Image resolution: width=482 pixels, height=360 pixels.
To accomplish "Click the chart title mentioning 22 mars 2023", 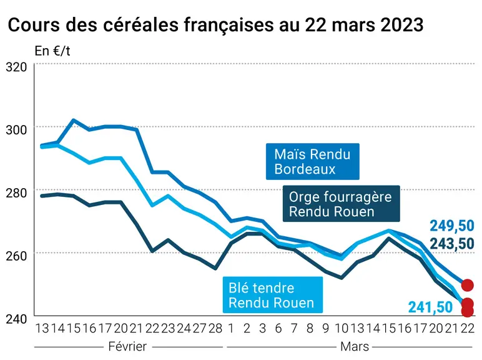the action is tap(215, 24).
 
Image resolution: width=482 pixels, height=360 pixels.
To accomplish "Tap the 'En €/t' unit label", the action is tap(52, 51).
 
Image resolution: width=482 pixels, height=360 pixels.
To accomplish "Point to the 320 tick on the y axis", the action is tap(16, 67).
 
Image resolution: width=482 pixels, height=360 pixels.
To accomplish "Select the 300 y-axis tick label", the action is tap(16, 129).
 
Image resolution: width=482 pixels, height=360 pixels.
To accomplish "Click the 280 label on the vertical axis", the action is tap(16, 192).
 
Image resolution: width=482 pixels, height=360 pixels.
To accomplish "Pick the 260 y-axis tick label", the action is tap(16, 256).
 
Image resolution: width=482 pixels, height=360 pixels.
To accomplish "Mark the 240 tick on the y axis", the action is tap(16, 319).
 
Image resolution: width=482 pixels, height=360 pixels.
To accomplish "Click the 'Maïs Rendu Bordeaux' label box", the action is tap(313, 161).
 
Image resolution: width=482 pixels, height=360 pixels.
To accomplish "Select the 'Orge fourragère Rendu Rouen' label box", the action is tap(342, 204).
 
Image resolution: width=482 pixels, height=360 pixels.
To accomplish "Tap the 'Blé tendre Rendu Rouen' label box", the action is tap(273, 295).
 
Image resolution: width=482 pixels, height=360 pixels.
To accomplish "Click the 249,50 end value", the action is tap(452, 226).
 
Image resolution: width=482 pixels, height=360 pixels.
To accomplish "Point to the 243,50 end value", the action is tap(452, 244).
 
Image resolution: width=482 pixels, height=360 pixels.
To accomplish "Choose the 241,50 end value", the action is tap(430, 307).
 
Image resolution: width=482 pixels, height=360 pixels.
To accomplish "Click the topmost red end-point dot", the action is tap(467, 285).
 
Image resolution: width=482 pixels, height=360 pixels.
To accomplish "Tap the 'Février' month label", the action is tap(127, 347).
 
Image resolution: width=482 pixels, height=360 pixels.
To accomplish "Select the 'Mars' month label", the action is tap(355, 347).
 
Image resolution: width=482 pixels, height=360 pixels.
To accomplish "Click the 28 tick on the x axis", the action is tap(215, 328).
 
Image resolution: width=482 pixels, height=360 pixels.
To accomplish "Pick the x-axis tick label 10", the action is tap(342, 328).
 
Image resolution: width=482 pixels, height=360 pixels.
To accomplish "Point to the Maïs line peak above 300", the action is tap(74, 120).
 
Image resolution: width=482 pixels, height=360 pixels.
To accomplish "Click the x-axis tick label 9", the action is tap(325, 328).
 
